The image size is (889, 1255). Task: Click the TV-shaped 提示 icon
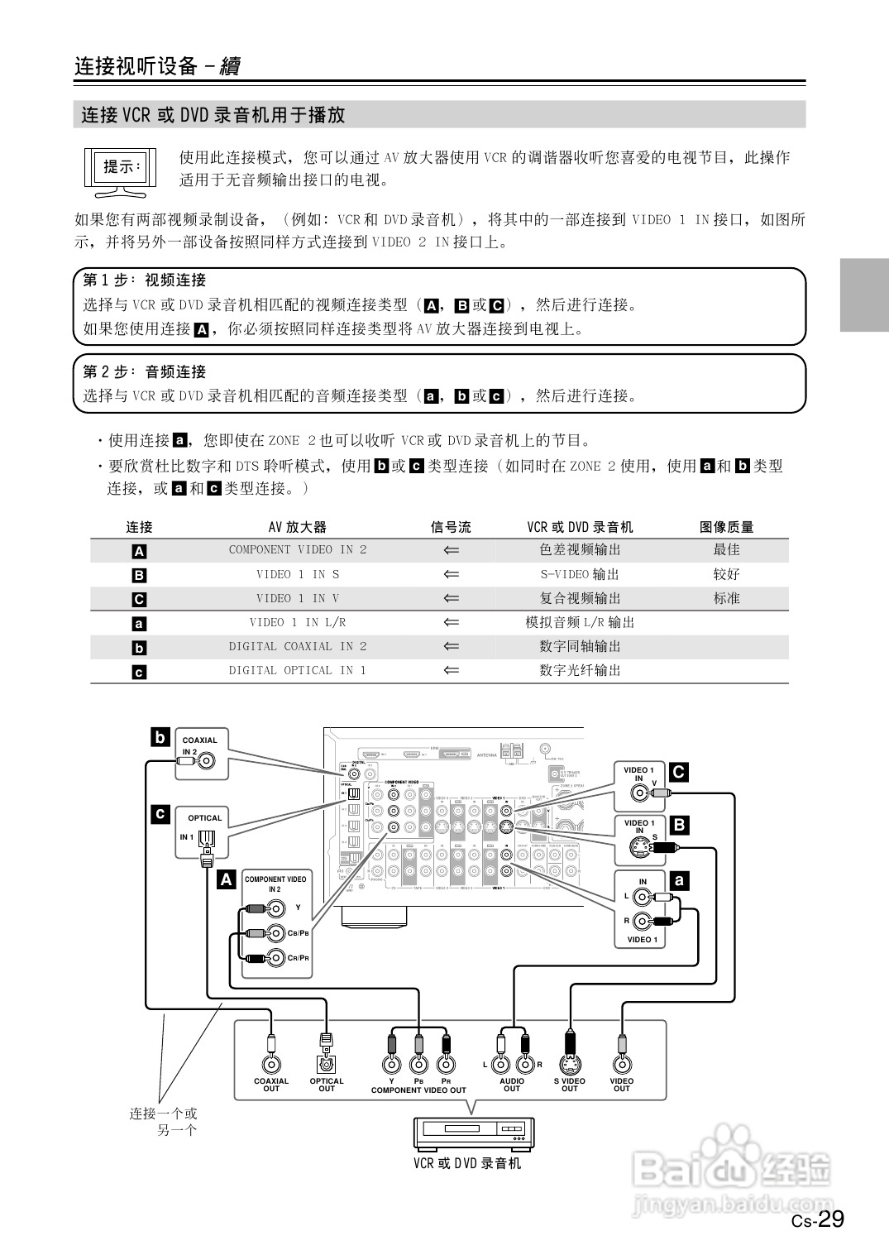(121, 171)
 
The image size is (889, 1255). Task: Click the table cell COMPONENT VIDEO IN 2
(298, 550)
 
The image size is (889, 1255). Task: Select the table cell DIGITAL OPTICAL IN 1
(298, 671)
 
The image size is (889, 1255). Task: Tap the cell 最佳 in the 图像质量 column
(726, 550)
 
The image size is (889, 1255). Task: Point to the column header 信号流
(451, 527)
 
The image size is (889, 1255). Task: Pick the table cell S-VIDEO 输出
(580, 574)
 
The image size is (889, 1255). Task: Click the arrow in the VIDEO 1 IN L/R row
(451, 622)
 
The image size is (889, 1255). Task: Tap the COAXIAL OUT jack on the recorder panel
(270, 1065)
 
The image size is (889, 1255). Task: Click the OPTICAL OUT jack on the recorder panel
(327, 1065)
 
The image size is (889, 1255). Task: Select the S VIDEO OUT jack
(569, 1065)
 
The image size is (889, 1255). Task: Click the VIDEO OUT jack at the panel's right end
(622, 1065)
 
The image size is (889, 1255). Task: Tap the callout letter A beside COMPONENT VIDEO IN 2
(226, 879)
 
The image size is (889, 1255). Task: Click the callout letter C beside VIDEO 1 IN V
(678, 773)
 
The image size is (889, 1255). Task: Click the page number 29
(830, 1219)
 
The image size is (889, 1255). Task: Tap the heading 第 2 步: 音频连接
(145, 371)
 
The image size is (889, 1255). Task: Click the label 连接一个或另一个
(164, 1121)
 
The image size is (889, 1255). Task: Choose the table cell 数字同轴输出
(580, 647)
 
